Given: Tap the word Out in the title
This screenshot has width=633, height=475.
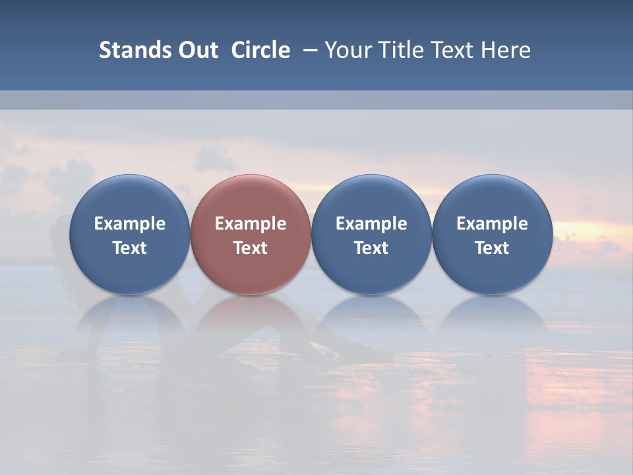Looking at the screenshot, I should tap(196, 50).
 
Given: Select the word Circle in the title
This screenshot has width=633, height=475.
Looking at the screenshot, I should tap(260, 50).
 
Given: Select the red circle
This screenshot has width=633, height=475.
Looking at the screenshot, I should tap(251, 235).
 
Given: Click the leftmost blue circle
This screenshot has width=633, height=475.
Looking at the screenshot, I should tap(129, 235).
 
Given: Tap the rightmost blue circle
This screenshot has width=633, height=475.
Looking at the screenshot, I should tap(492, 235).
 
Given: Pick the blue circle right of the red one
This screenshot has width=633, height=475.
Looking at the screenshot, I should tap(371, 235).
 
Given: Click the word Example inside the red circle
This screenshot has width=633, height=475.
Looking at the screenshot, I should tap(251, 224).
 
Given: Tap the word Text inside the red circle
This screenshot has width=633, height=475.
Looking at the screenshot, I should tap(251, 248).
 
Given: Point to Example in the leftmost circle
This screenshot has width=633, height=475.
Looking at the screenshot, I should tap(129, 224).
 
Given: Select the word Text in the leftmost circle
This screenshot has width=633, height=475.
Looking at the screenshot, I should tap(129, 248).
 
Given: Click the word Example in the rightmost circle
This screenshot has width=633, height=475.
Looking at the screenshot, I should tap(492, 224).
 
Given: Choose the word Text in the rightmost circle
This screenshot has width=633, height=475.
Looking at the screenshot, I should tap(492, 248).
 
